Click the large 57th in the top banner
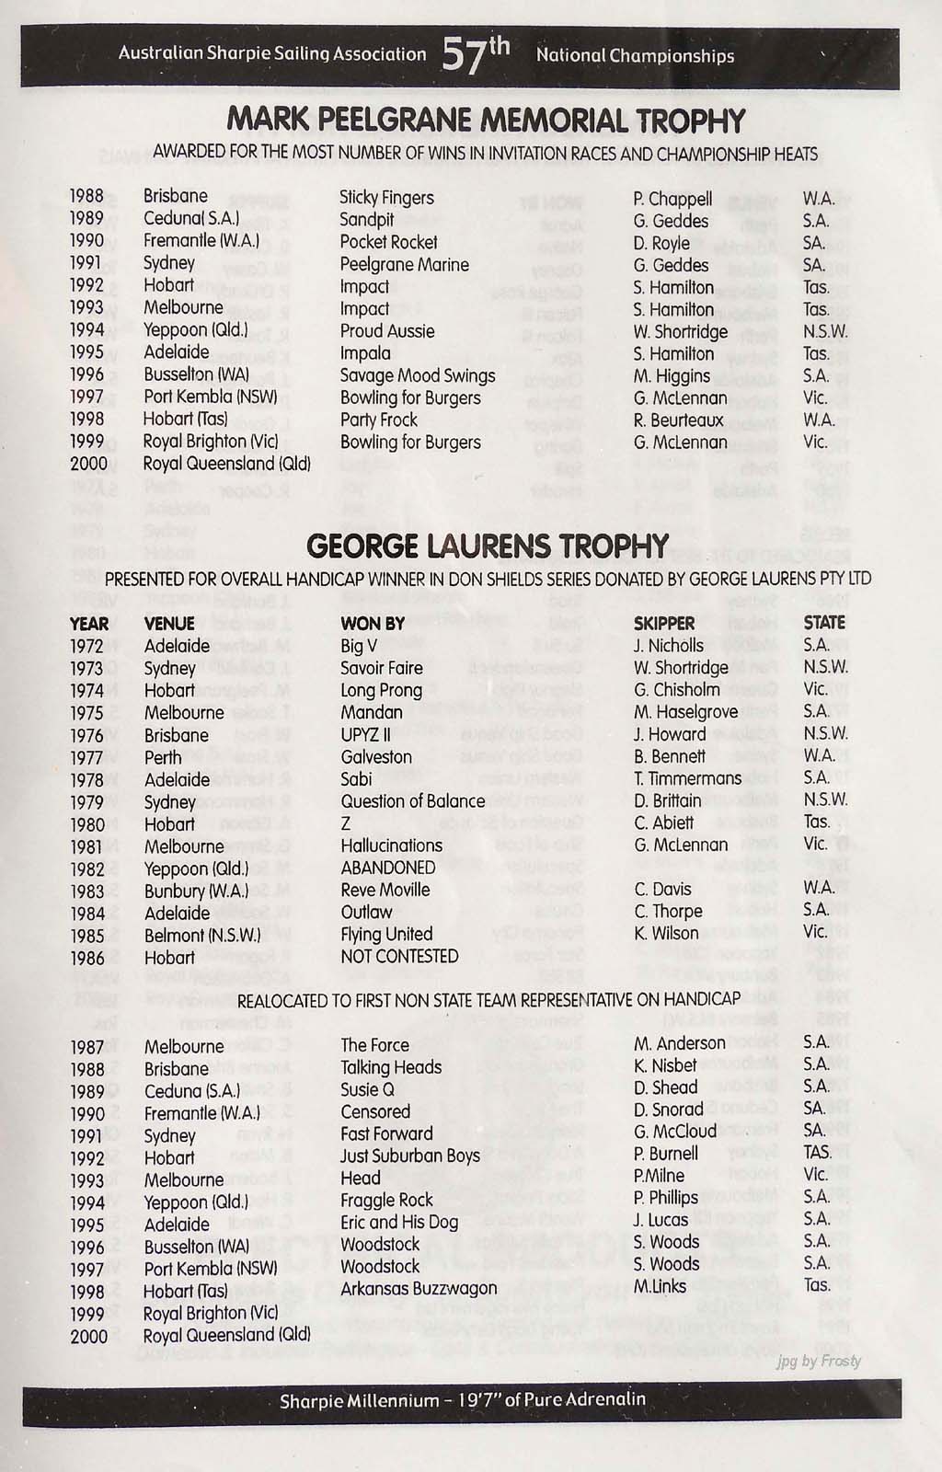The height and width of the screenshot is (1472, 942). coord(475,54)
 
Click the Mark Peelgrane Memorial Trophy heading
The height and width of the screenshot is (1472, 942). coord(486,121)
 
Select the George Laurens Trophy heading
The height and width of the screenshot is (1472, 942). coord(488,546)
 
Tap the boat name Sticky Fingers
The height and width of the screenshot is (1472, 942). coord(386,198)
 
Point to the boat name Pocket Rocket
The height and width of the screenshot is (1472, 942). coord(388,242)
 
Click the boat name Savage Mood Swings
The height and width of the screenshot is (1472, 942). coord(418,375)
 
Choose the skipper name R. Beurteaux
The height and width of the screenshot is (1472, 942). coord(679,420)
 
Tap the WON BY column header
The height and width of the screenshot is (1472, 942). coord(373,624)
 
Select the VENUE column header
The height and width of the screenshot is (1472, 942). coord(170,624)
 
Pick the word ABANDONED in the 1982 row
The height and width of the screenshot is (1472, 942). coord(388,868)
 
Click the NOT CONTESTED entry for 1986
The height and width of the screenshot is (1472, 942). coord(399,957)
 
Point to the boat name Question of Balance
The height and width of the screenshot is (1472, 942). coord(412,801)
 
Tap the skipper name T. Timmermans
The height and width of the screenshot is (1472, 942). coord(688,778)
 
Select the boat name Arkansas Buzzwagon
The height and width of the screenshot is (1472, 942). coord(419,1288)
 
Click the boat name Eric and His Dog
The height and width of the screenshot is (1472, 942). coord(399,1222)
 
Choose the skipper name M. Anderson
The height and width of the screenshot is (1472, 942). coord(680,1043)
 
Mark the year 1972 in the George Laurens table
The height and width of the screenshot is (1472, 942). coord(87,646)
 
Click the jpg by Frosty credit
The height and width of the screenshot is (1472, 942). coord(819,1361)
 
